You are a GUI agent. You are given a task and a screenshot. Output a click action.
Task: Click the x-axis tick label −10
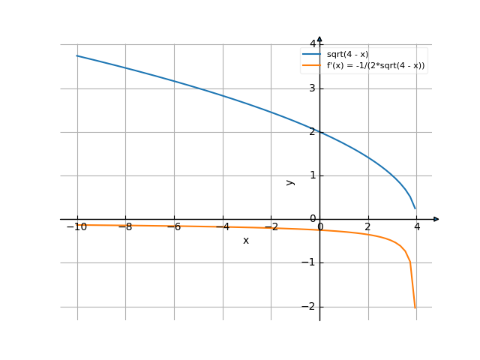tap(76, 227)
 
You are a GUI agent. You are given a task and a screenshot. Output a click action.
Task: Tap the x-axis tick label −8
tap(124, 227)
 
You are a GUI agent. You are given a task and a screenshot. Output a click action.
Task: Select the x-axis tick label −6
tap(173, 227)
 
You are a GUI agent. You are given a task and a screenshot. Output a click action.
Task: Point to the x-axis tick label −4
tap(221, 227)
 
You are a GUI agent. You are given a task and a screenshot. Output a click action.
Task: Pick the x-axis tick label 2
tap(367, 227)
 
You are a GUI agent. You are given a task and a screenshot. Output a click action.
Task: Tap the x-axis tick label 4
tap(416, 227)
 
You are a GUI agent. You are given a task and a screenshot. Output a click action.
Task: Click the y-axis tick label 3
tap(313, 88)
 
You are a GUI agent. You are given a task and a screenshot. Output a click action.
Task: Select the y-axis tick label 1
tap(313, 175)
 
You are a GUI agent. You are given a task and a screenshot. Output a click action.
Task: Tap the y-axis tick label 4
tap(313, 45)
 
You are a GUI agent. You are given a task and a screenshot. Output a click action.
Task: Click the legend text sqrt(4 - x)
tap(347, 55)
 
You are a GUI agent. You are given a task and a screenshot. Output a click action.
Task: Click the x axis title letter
tap(245, 241)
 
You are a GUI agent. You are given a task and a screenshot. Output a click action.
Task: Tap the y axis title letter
tap(290, 182)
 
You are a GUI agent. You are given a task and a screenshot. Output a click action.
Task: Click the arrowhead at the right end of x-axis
tap(436, 219)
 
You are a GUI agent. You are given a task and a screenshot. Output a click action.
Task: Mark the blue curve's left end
tap(76, 56)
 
